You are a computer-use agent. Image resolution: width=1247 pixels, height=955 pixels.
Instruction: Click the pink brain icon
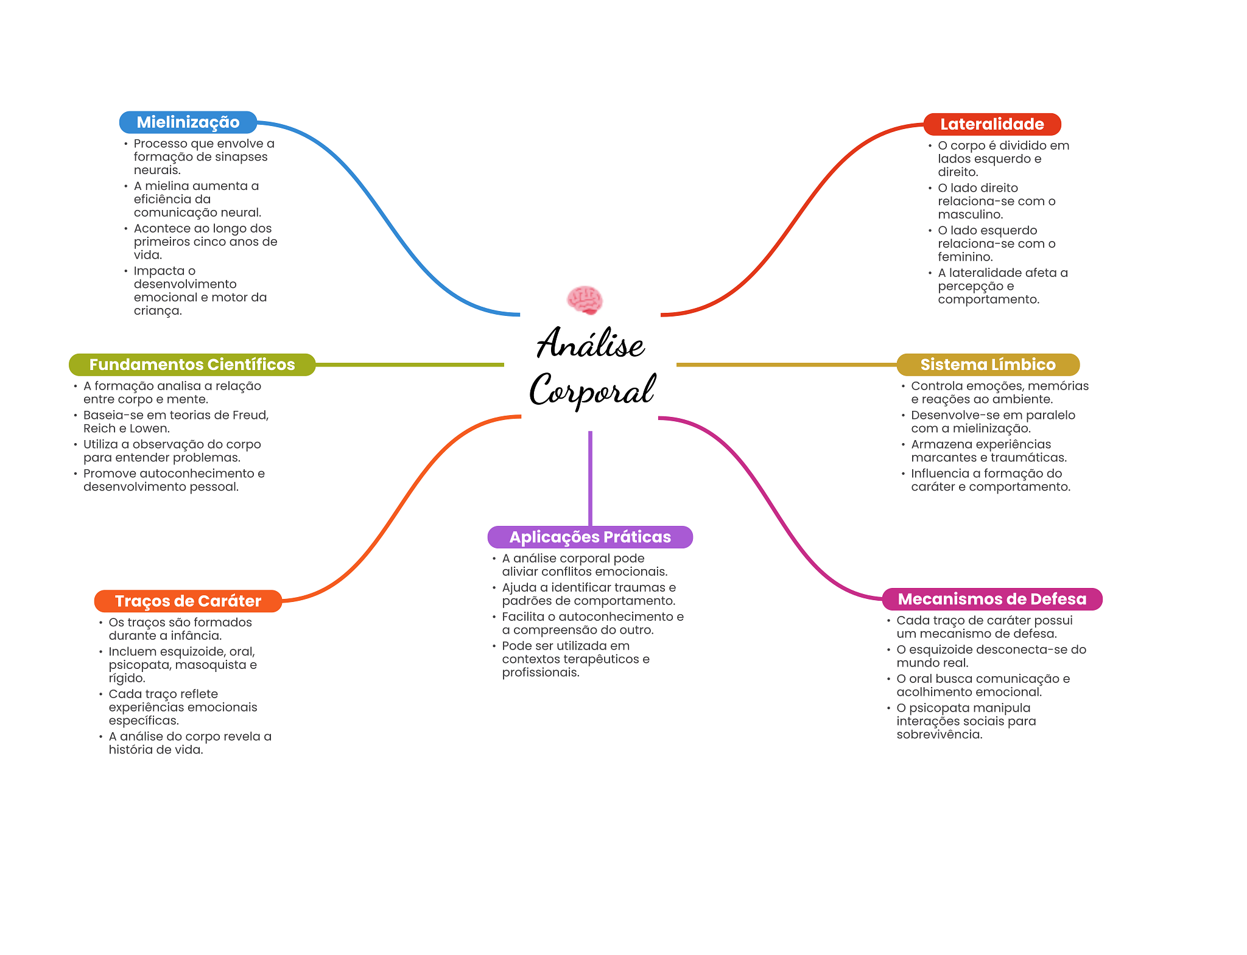pyautogui.click(x=585, y=299)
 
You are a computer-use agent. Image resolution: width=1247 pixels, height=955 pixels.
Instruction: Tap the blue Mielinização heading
pyautogui.click(x=188, y=122)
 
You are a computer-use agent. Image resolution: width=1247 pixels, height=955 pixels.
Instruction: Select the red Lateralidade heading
pyautogui.click(x=992, y=124)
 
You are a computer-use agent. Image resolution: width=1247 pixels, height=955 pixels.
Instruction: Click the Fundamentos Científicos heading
pyautogui.click(x=192, y=365)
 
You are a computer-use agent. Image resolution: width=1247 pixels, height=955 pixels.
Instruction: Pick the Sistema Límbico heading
pyautogui.click(x=988, y=365)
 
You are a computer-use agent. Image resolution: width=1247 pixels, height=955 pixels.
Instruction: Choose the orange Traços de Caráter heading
pyautogui.click(x=188, y=601)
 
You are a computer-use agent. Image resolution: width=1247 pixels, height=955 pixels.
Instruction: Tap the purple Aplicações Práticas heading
pyautogui.click(x=590, y=537)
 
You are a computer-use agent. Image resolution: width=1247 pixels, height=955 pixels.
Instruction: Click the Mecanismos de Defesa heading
pyautogui.click(x=992, y=599)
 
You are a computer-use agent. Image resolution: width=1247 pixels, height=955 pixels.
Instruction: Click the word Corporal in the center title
pyautogui.click(x=592, y=390)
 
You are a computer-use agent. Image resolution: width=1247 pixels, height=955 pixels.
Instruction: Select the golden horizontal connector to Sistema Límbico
pyautogui.click(x=785, y=365)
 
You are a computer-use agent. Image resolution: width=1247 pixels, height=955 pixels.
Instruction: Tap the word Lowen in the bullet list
pyautogui.click(x=149, y=429)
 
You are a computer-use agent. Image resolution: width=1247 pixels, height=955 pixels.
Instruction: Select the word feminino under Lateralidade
pyautogui.click(x=964, y=257)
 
